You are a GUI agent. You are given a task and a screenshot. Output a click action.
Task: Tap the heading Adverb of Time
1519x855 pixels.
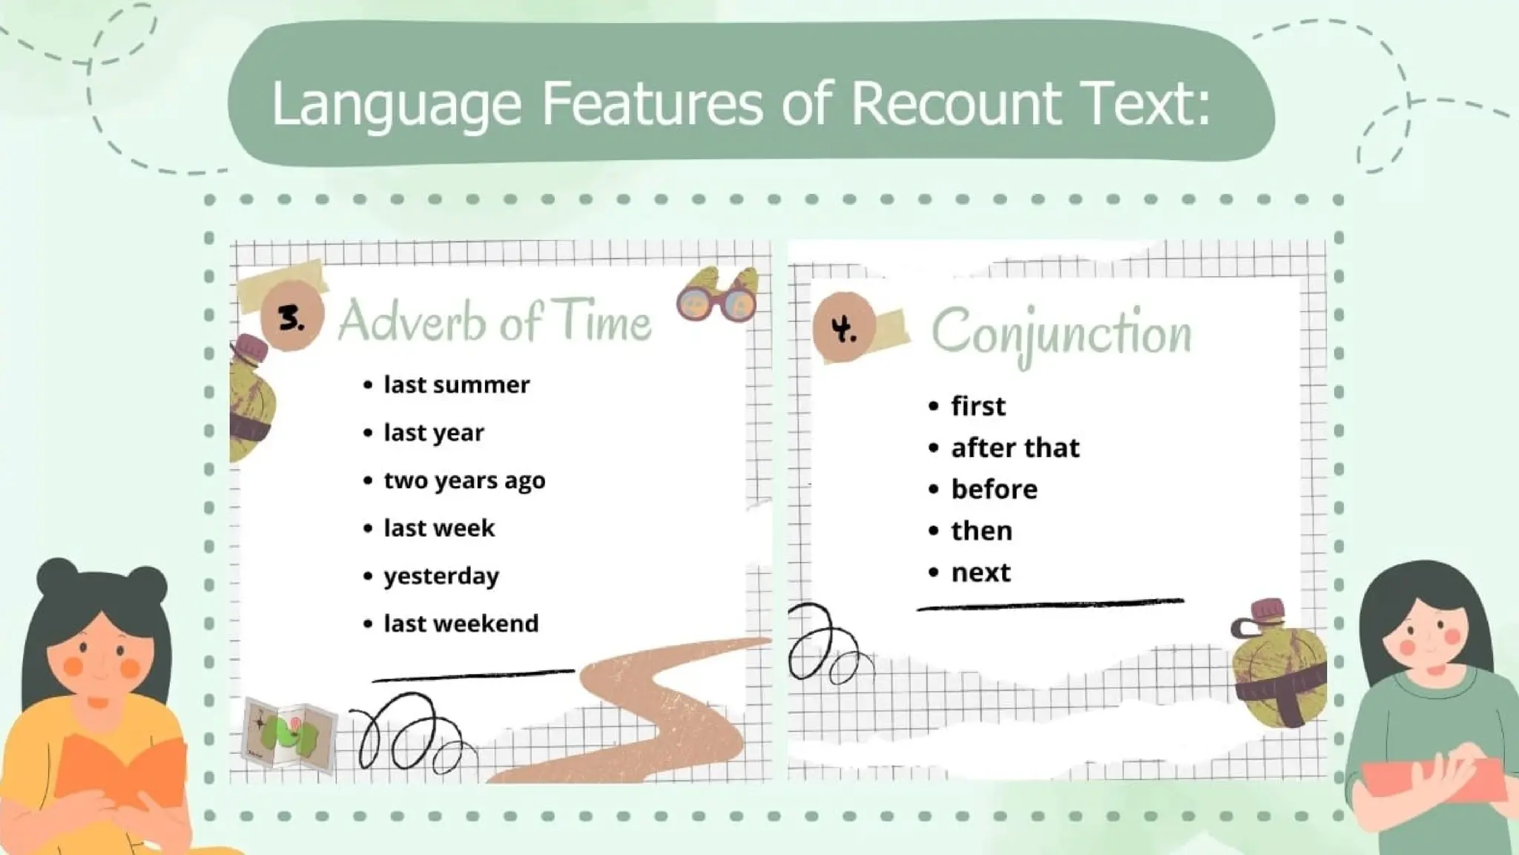pyautogui.click(x=495, y=322)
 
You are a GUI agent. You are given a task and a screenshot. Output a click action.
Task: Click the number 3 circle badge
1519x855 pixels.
pyautogui.click(x=292, y=318)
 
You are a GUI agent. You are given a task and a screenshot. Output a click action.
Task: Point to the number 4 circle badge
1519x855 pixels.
pyautogui.click(x=844, y=327)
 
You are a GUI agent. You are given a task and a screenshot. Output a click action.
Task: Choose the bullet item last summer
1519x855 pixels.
pyautogui.click(x=456, y=384)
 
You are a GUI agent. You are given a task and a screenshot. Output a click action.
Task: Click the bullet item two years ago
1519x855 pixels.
pyautogui.click(x=464, y=480)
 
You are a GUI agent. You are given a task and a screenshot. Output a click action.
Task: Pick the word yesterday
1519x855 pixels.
pyautogui.click(x=441, y=576)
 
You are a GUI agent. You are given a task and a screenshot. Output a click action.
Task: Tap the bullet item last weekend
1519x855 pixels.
pyautogui.click(x=461, y=623)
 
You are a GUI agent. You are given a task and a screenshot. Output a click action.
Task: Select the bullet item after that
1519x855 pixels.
pyautogui.click(x=1015, y=448)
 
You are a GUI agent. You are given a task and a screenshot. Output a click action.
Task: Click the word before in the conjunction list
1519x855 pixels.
pyautogui.click(x=994, y=489)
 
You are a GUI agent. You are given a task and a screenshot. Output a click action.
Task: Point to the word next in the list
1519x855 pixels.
pyautogui.click(x=981, y=572)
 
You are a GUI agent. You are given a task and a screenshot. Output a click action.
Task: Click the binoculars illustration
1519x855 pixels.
pyautogui.click(x=717, y=295)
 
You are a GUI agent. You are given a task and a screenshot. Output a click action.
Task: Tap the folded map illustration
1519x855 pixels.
pyautogui.click(x=289, y=734)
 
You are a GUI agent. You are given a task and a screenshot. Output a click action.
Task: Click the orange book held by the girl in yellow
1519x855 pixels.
pyautogui.click(x=119, y=764)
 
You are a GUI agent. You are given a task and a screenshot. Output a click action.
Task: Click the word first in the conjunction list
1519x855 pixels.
pyautogui.click(x=978, y=406)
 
